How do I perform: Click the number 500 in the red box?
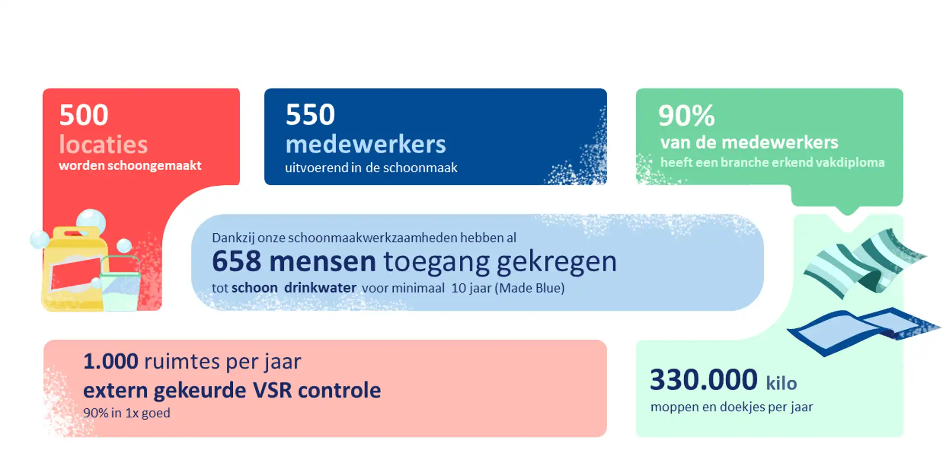tap(84, 115)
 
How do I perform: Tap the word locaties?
tap(103, 145)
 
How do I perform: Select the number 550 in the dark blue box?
tap(310, 114)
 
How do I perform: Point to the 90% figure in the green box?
tap(686, 115)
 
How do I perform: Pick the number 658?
tap(236, 261)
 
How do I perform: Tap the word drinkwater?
tap(320, 288)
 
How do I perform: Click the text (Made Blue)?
tap(530, 288)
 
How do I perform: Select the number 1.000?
tap(111, 361)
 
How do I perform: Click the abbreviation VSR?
tap(272, 391)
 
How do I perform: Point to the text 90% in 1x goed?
tap(127, 413)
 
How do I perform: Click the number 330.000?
tap(704, 380)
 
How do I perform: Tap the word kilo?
tap(781, 384)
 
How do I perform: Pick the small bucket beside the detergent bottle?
tap(120, 286)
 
